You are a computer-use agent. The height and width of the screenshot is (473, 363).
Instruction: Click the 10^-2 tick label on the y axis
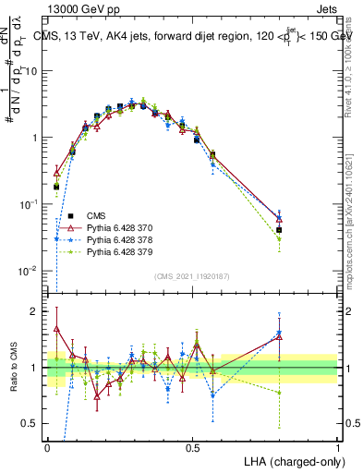[x=31, y=271]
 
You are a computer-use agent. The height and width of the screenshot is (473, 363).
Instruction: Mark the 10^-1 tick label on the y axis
[x=31, y=204]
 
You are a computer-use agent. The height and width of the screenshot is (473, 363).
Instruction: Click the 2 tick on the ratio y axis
[x=37, y=311]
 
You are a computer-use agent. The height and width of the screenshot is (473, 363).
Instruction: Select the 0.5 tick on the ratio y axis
[x=33, y=424]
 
